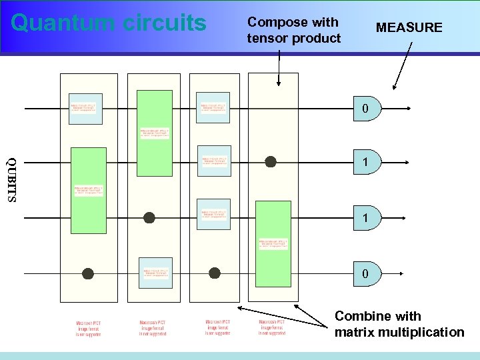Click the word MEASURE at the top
(409, 27)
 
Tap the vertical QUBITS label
(11, 180)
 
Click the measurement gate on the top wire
(367, 108)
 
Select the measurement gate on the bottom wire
(367, 273)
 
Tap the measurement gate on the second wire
(367, 162)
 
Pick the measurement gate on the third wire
(367, 217)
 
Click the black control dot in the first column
(87, 273)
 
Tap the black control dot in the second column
(149, 217)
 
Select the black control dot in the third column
(214, 273)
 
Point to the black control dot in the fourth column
(271, 161)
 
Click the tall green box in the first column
(88, 190)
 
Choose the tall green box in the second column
(154, 133)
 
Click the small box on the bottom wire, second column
(155, 273)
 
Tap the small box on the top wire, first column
(85, 108)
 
